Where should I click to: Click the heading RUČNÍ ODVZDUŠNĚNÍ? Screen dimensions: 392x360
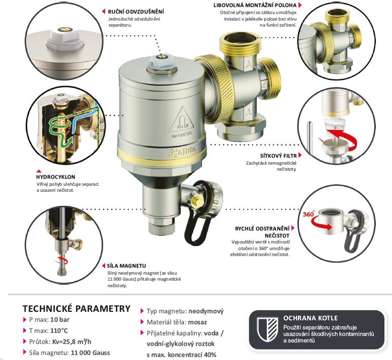(136, 12)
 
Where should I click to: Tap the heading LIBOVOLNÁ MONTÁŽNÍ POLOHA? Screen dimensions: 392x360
(255, 5)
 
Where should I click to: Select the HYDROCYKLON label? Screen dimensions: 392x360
(55, 177)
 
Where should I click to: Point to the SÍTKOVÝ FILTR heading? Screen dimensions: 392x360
(278, 156)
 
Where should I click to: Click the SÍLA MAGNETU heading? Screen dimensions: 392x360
(126, 266)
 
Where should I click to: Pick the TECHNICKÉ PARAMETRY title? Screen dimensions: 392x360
(76, 309)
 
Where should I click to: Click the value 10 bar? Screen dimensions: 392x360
(60, 319)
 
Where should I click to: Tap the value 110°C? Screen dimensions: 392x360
(59, 331)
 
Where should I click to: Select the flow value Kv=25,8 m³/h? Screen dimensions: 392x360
(71, 342)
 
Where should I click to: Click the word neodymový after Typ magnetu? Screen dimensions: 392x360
(206, 311)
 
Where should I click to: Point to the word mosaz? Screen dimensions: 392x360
(197, 322)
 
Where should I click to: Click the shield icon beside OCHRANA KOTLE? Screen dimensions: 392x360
(268, 329)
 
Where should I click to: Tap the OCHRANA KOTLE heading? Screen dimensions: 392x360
(310, 318)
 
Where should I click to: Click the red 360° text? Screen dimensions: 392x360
(309, 214)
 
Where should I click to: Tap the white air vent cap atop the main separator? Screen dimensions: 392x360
(162, 61)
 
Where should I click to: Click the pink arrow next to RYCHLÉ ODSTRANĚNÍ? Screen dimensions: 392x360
(293, 228)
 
